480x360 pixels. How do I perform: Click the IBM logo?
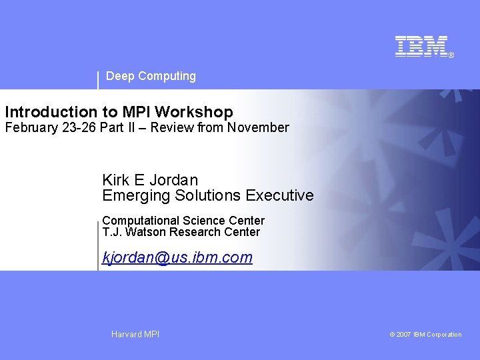point(421,47)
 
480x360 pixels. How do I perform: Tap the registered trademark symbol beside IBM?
point(451,55)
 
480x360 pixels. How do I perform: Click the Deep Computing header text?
point(151,76)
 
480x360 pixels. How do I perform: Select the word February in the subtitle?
point(31,127)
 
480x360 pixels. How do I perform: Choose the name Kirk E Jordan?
point(150,180)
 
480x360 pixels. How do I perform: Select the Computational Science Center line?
point(183,220)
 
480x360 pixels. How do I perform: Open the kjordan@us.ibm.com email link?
point(177,257)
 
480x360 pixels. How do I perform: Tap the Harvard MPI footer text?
point(135,334)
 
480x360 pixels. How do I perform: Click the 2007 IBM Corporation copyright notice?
point(425,335)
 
